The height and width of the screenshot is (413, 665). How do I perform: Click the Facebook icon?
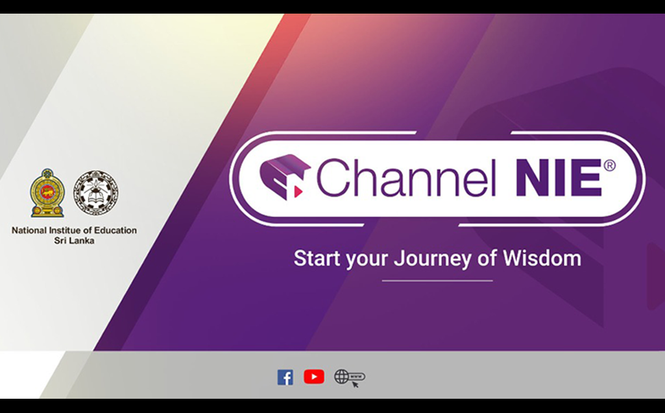click(x=285, y=377)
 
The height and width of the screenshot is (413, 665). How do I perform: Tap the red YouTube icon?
click(x=314, y=377)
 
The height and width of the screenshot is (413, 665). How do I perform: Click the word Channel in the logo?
click(x=406, y=178)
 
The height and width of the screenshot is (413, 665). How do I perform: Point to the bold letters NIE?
click(x=559, y=178)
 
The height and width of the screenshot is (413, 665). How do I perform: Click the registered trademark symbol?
click(x=609, y=165)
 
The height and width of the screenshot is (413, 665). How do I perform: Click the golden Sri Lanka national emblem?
click(x=47, y=193)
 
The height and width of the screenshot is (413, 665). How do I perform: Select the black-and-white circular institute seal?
click(x=96, y=193)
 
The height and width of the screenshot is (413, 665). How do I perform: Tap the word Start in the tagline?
click(x=317, y=258)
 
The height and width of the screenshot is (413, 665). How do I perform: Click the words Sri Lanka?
click(x=74, y=241)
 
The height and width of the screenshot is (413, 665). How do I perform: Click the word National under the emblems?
click(x=29, y=230)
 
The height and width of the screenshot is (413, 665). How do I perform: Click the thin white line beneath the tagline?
click(x=437, y=281)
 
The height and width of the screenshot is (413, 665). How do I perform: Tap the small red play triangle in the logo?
click(x=298, y=192)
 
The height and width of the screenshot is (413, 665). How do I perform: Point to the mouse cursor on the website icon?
click(x=355, y=384)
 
